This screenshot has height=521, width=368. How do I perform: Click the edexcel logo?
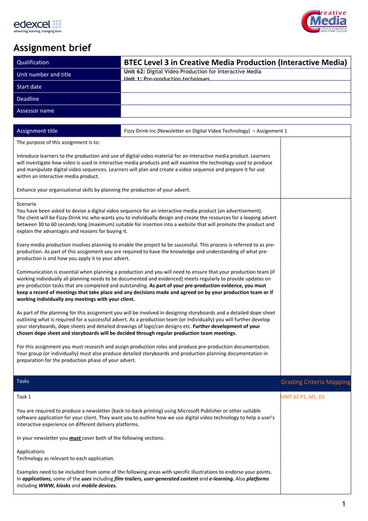37,26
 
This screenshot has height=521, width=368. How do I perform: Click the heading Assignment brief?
52,47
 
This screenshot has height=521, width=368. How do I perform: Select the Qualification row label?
33,62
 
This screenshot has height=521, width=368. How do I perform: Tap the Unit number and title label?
44,74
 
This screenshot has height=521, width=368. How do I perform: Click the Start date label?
29,87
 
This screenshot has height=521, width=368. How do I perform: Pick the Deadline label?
28,99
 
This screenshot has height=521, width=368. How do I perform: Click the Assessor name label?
35,111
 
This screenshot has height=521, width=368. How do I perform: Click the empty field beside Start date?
235,87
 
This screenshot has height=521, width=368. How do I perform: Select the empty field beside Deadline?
235,99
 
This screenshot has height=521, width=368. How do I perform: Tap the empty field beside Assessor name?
235,111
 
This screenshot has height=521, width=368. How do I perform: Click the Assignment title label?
37,131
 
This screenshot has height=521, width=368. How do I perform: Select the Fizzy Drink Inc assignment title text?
205,131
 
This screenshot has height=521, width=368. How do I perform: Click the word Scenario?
26,204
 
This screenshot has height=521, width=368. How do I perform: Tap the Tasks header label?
23,381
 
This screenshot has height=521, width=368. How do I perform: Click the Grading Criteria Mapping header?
315,383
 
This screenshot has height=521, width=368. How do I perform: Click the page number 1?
344,505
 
